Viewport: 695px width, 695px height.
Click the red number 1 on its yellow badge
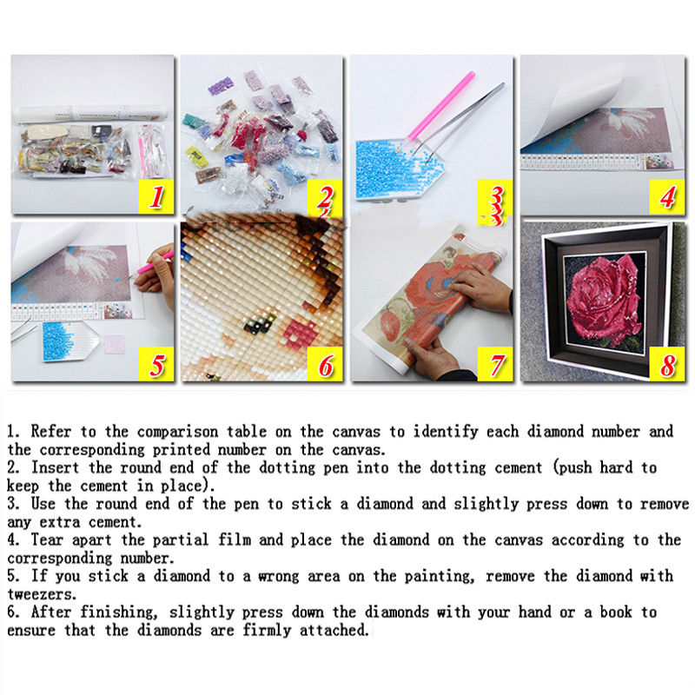point(156,196)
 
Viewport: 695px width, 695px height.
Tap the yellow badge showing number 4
point(667,197)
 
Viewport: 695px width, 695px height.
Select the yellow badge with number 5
point(156,364)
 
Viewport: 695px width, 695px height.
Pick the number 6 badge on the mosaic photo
point(325,364)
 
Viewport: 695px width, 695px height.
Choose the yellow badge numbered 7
point(495,364)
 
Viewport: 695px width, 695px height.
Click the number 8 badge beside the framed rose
point(667,364)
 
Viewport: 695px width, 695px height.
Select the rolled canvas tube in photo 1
point(91,115)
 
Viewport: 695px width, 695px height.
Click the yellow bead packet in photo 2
point(197,156)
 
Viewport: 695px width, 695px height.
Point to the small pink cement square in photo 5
point(115,344)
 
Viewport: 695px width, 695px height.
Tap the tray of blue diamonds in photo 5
point(71,341)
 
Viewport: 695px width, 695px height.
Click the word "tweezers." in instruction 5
point(42,594)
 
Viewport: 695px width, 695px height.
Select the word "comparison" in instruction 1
point(177,431)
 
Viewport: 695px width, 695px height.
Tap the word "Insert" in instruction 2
point(55,467)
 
